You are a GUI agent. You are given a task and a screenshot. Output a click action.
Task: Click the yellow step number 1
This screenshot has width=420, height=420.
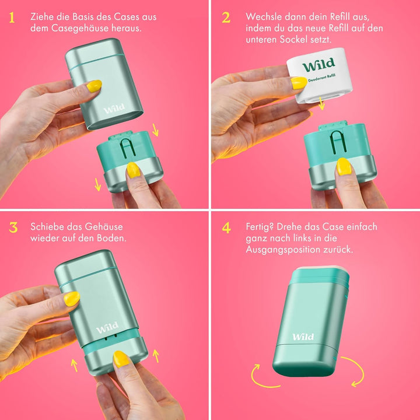click(x=12, y=17)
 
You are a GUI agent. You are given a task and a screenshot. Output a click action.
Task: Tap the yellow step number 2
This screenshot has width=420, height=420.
click(x=226, y=17)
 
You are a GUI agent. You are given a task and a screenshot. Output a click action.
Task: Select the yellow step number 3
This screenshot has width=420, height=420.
click(x=13, y=228)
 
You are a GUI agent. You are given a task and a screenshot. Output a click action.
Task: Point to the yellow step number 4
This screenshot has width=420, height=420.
click(x=226, y=228)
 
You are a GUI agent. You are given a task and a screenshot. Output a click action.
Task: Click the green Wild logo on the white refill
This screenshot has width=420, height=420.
click(x=318, y=65)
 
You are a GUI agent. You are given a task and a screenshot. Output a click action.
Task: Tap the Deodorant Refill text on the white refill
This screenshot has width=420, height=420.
click(x=321, y=78)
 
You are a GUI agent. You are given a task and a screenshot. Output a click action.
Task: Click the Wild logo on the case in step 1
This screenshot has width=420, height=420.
click(x=114, y=108)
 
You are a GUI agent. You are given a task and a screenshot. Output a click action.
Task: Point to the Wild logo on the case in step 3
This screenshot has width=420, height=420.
click(x=107, y=328)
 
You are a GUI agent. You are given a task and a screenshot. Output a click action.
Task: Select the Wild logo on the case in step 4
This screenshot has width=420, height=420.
click(x=303, y=337)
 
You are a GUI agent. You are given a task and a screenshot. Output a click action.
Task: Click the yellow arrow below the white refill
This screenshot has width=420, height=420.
click(x=321, y=103)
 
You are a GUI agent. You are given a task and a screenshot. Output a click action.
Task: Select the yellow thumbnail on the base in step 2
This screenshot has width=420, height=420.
click(x=344, y=167)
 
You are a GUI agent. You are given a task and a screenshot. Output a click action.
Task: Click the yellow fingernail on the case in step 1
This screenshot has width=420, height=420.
click(x=94, y=86)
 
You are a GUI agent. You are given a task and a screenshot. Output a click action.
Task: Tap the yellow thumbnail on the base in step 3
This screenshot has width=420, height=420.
click(x=121, y=359)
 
